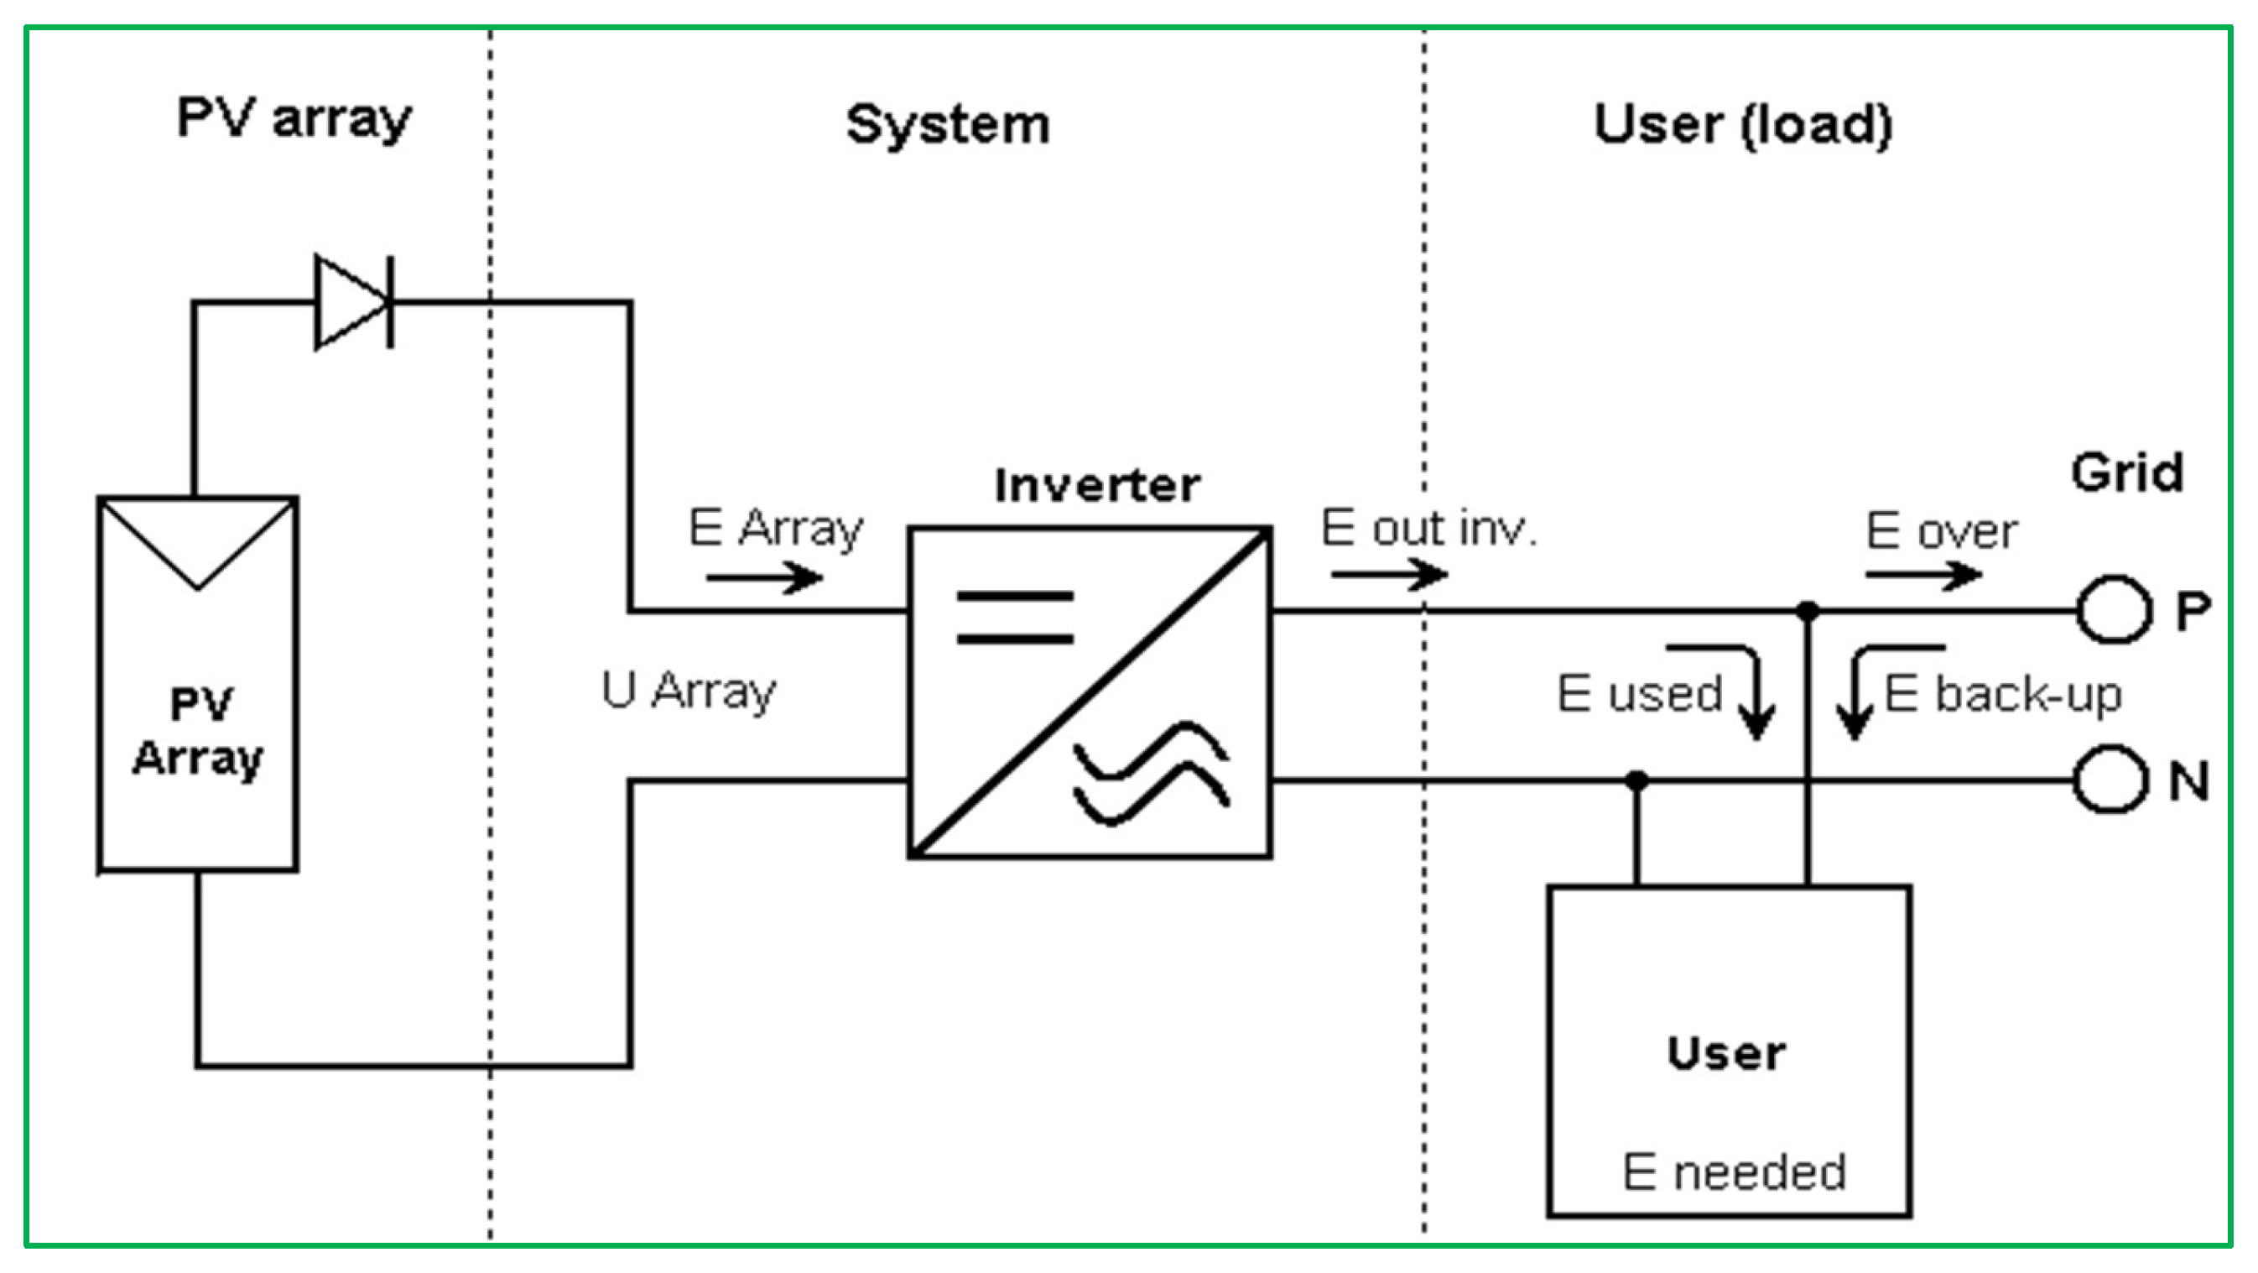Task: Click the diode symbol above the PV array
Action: [354, 302]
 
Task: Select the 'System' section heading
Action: [948, 124]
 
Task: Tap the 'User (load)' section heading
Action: [1743, 124]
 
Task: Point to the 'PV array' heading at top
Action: [294, 117]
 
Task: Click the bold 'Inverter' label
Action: [1096, 485]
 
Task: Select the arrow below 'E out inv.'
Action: [1389, 574]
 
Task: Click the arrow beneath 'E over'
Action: [1924, 575]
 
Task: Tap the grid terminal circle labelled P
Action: [2114, 609]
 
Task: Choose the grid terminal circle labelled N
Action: [2110, 780]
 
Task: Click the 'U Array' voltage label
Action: [689, 691]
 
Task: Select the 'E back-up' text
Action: [2003, 694]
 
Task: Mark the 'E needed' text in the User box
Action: [1734, 1172]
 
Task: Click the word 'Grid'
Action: [2126, 473]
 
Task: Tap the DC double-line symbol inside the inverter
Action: [1015, 618]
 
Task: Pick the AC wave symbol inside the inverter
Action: [1151, 772]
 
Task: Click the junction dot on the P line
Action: [1808, 610]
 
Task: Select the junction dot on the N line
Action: [1636, 780]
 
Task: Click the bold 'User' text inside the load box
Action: [1726, 1053]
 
